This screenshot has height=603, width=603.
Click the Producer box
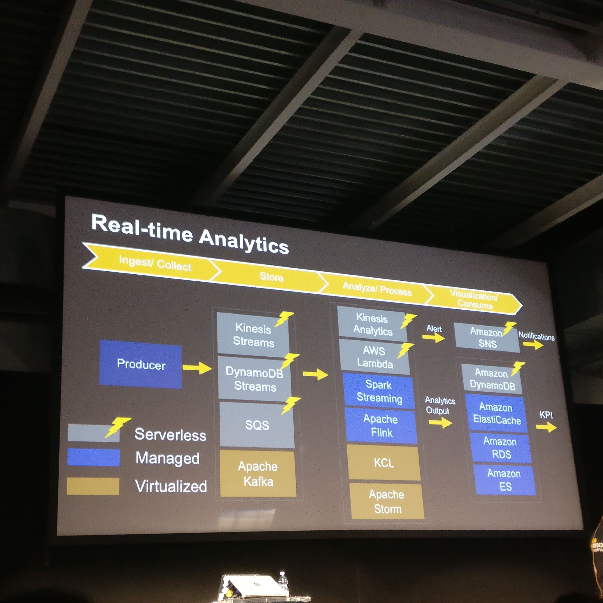click(140, 364)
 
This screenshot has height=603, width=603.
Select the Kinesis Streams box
click(253, 334)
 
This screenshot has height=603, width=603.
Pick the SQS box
click(257, 425)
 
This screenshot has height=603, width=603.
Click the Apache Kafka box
click(258, 474)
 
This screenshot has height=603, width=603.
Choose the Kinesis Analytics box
click(372, 324)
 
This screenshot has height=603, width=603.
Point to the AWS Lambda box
click(374, 357)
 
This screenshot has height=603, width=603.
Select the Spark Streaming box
click(379, 391)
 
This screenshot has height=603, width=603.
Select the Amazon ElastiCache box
click(497, 414)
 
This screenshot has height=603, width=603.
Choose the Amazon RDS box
click(501, 448)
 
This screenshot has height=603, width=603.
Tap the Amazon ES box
click(504, 480)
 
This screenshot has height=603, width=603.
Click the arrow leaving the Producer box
click(197, 368)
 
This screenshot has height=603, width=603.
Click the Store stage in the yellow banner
click(271, 277)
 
